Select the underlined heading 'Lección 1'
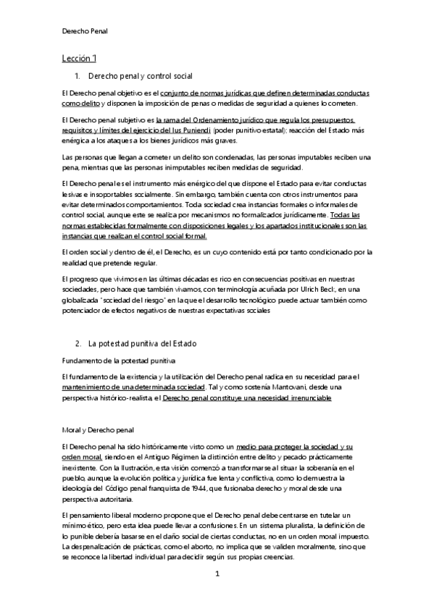(79, 58)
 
